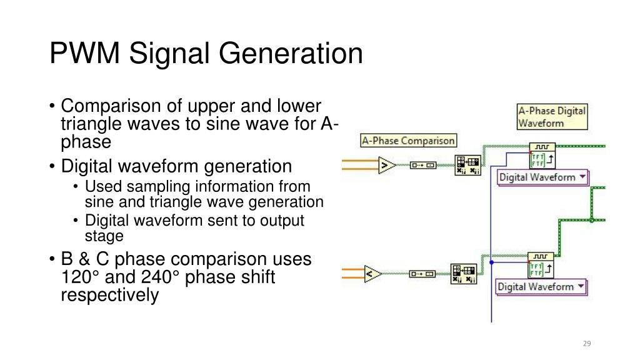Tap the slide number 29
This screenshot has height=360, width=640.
[586, 343]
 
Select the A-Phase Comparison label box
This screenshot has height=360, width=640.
[409, 141]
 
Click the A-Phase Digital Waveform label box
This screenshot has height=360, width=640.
[552, 117]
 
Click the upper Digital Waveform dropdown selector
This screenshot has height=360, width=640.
[542, 177]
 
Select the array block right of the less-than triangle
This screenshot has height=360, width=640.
[464, 274]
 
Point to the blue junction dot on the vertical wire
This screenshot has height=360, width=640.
[492, 262]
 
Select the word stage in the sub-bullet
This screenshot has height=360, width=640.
[104, 236]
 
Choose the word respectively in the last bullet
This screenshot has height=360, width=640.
[109, 294]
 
